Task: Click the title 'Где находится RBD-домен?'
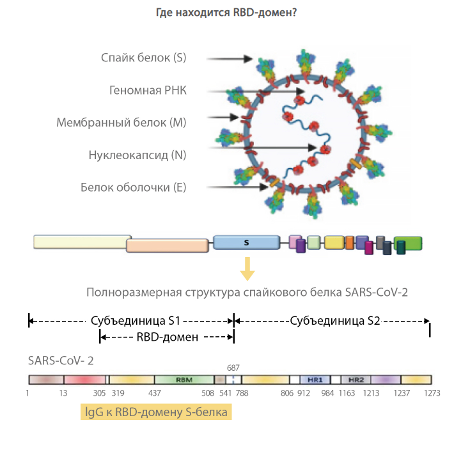[226, 12]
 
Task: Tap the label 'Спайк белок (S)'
[143, 58]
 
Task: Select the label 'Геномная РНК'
[148, 89]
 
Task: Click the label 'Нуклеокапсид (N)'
[137, 154]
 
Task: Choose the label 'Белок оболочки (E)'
[133, 187]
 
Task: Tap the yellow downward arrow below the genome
[246, 268]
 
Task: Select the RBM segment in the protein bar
[184, 379]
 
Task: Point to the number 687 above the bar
[233, 368]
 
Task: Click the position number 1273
[432, 393]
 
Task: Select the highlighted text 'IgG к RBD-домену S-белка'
[156, 412]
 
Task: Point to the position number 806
[287, 393]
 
